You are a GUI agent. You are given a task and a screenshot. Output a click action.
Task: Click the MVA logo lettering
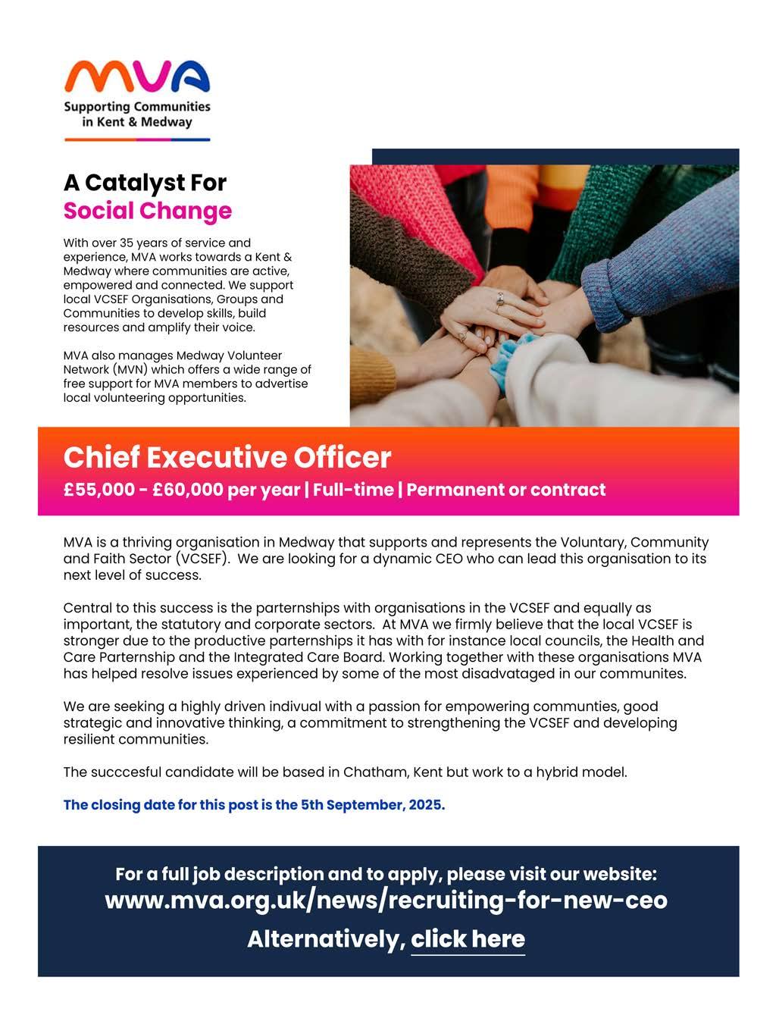click(x=137, y=78)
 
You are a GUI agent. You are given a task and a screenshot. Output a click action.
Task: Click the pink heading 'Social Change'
click(x=147, y=211)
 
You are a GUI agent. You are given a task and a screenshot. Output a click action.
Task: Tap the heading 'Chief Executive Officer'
click(x=227, y=458)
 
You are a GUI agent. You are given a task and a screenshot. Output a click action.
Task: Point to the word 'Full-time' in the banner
click(x=352, y=490)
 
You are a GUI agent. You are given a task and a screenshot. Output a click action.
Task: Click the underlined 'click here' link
click(x=468, y=939)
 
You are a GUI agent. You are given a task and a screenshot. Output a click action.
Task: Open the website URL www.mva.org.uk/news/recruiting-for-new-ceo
click(x=386, y=901)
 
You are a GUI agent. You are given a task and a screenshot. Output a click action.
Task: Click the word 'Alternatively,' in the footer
click(x=326, y=939)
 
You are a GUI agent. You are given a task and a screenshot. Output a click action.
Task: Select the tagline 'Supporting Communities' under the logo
click(x=137, y=107)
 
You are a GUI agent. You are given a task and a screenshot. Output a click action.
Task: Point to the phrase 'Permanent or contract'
click(x=506, y=490)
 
